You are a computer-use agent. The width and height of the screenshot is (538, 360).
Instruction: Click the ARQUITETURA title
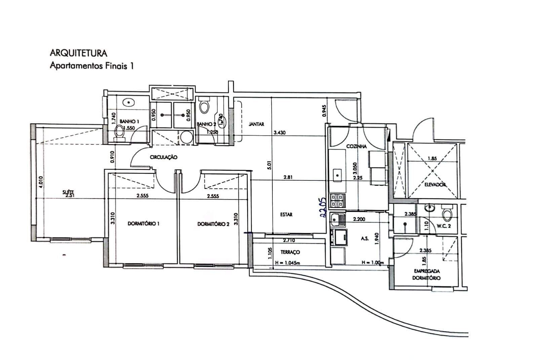tap(78, 53)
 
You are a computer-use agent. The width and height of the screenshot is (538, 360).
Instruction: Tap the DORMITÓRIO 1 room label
tap(144, 224)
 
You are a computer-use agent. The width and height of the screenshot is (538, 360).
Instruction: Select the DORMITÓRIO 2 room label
tap(213, 224)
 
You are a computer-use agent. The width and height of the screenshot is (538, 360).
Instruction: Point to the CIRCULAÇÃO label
tap(163, 157)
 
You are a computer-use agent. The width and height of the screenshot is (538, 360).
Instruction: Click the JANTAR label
tap(256, 124)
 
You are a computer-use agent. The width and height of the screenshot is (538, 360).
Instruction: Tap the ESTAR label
tap(286, 214)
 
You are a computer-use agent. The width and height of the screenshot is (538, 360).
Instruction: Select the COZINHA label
tap(356, 147)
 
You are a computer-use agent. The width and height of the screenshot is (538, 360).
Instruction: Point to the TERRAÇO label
tap(290, 252)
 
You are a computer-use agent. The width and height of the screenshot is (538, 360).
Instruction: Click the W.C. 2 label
tap(444, 226)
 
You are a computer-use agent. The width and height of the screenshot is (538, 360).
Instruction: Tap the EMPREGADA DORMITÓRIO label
tap(427, 275)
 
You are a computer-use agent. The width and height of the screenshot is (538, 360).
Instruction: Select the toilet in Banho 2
tap(204, 107)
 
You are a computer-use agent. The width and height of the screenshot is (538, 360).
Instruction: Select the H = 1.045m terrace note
tap(287, 263)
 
